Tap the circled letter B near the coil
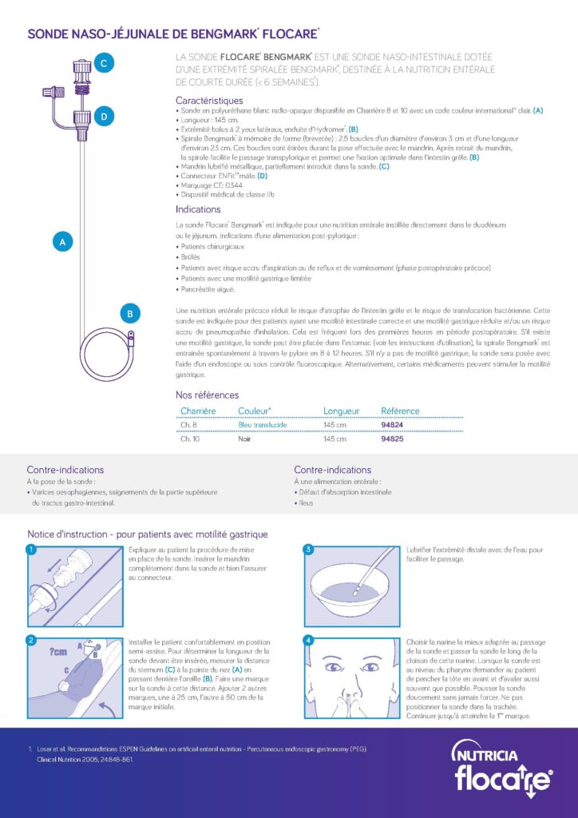point(130,314)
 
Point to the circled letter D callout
point(104,117)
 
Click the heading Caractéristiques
point(209,101)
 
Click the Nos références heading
point(207,395)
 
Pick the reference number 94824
point(392,424)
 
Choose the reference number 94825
point(392,439)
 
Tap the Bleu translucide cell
point(262,424)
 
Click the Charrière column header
point(198,411)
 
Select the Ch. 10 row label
point(191,439)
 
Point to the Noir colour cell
point(245,439)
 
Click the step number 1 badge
point(31,550)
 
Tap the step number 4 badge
point(308,641)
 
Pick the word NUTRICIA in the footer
point(489,754)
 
